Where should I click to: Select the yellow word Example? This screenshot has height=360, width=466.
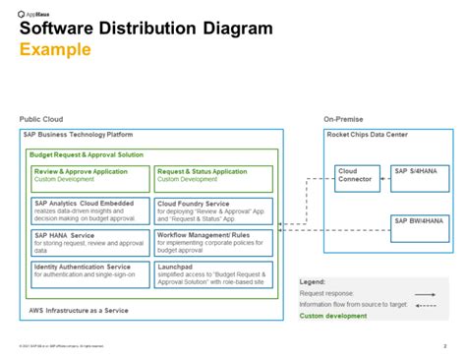(55, 50)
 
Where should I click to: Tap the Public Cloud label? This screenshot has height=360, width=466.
(39, 118)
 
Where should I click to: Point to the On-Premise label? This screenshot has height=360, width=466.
(344, 118)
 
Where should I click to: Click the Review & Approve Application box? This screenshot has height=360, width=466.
(90, 178)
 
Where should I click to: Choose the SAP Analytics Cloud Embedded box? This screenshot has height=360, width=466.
(90, 211)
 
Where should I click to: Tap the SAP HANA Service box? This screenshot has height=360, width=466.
(90, 243)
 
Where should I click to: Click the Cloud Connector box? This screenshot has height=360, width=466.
(357, 178)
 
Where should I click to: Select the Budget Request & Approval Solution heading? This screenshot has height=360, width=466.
(87, 154)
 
